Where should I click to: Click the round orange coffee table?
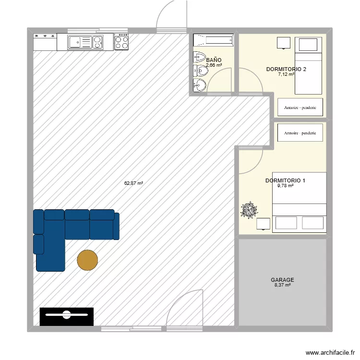point(87,260)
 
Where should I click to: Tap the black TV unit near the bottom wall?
point(66,316)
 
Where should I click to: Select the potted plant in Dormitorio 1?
point(249,211)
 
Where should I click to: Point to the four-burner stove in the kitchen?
point(121,42)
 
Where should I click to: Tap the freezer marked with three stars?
point(45,42)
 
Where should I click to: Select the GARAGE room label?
point(282,280)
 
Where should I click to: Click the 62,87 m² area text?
point(133,183)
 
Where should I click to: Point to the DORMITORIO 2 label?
point(286,69)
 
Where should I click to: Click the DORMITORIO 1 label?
point(285,180)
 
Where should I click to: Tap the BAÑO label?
point(214,60)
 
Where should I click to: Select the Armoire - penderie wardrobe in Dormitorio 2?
point(300,108)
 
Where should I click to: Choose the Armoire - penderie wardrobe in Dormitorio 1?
point(300,133)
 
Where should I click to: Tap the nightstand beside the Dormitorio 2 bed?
point(284,43)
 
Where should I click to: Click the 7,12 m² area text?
point(286,74)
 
